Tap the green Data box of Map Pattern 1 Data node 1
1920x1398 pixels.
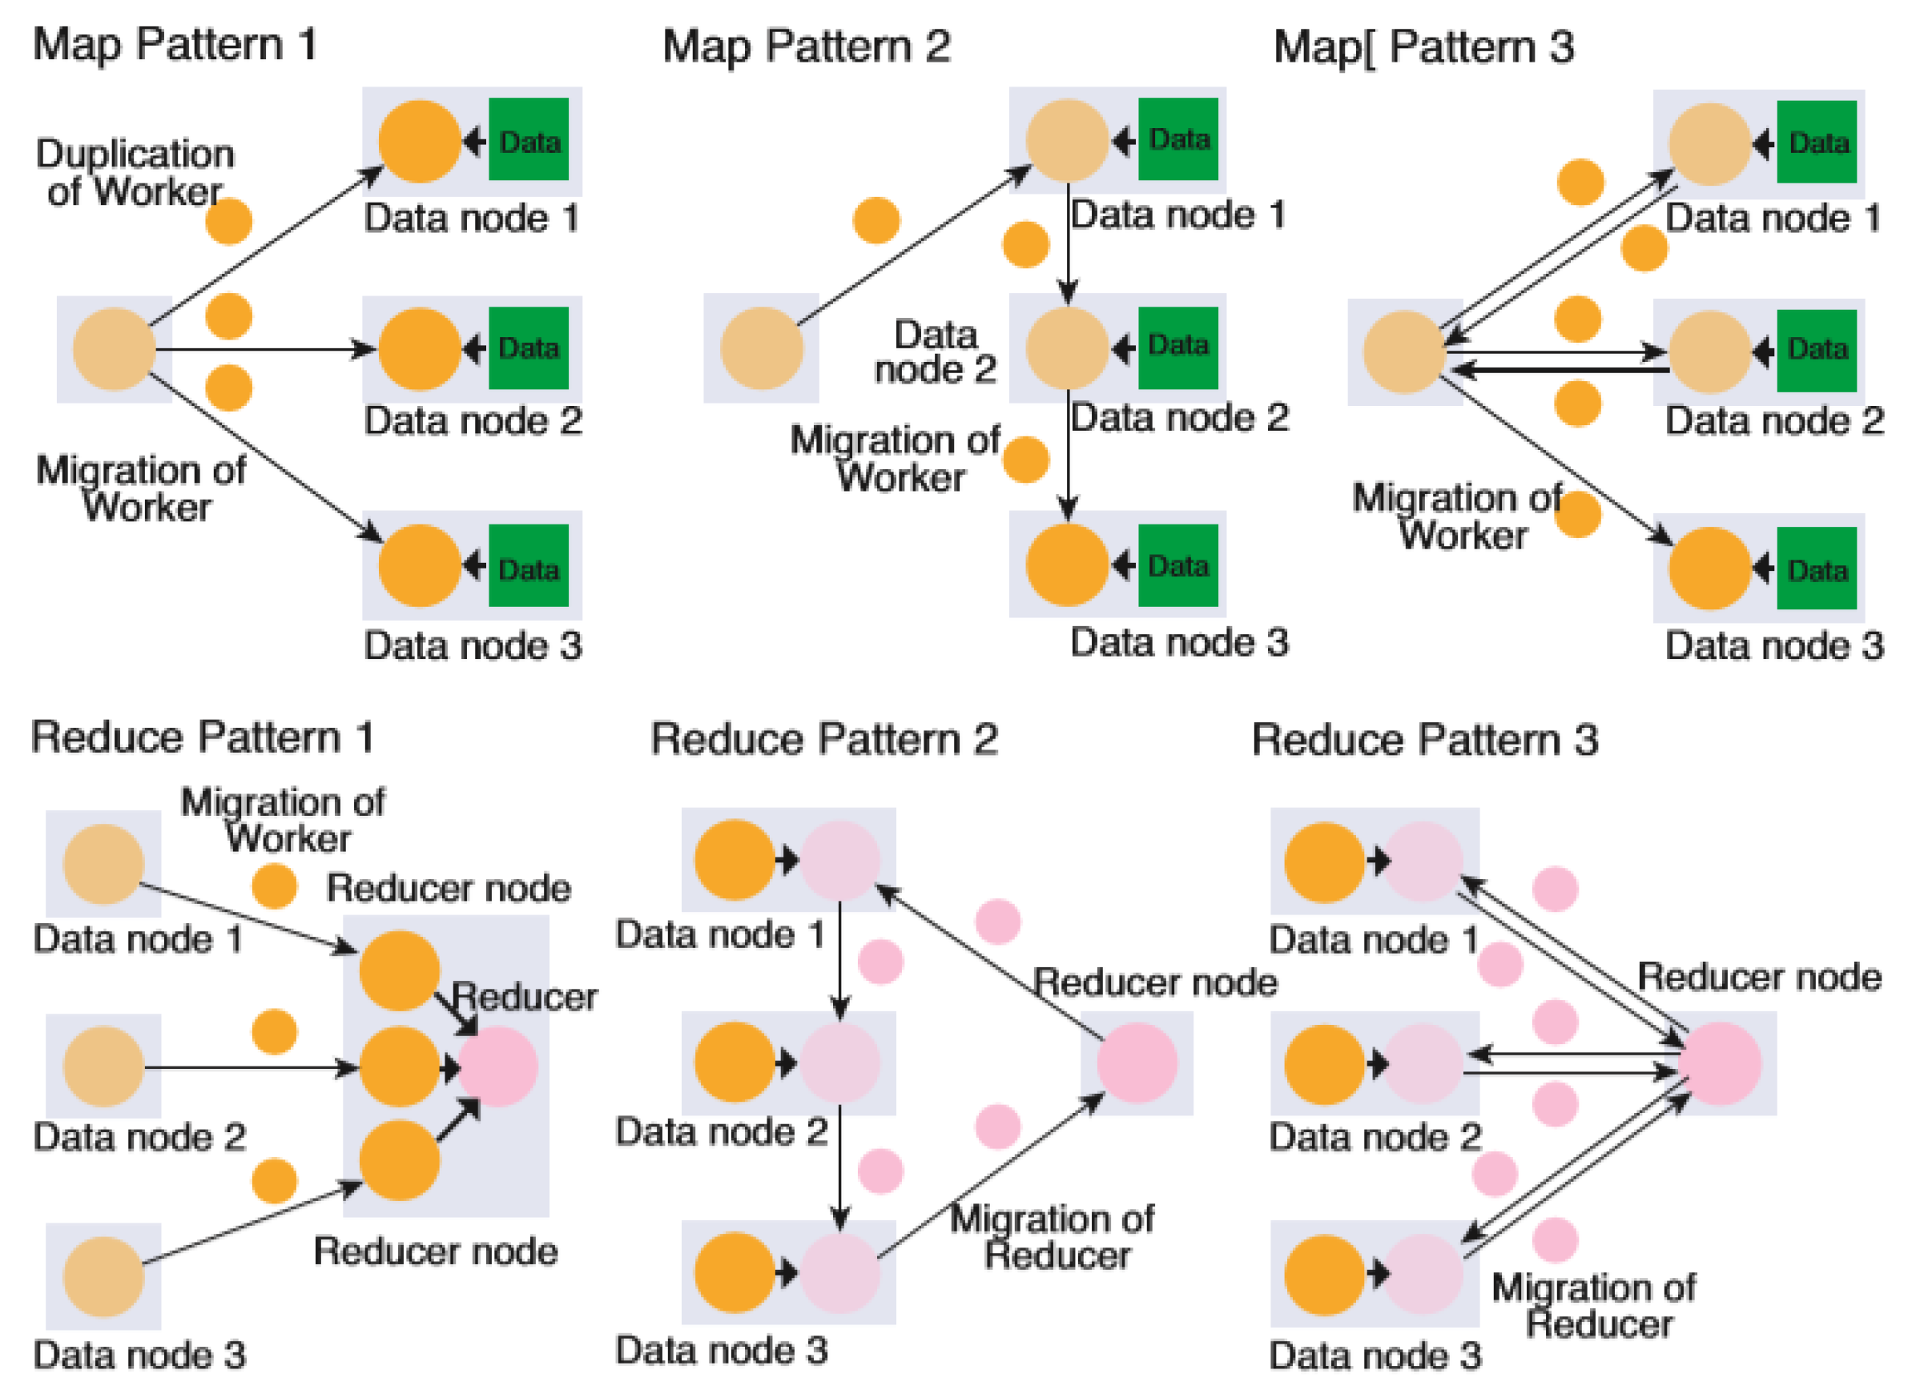528,139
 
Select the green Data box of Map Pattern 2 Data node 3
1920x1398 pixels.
1177,564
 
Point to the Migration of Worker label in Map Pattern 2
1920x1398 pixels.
895,458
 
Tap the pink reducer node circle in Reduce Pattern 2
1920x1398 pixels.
1136,1062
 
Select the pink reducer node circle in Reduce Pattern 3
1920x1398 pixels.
1721,1063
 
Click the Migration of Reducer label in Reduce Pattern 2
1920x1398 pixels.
1053,1236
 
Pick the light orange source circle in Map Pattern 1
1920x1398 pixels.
115,348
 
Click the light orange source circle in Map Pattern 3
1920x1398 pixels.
1403,352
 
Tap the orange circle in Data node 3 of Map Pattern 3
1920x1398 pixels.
1709,568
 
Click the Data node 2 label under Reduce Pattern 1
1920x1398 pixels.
139,1136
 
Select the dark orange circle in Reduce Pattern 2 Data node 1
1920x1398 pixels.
734,860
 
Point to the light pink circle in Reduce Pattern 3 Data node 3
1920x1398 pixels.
1423,1273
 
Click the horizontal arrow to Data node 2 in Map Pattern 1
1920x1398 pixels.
263,348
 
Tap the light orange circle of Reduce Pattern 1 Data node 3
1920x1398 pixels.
103,1276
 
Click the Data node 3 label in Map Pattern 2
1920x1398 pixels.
1178,641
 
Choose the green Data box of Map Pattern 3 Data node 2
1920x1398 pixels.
1816,351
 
